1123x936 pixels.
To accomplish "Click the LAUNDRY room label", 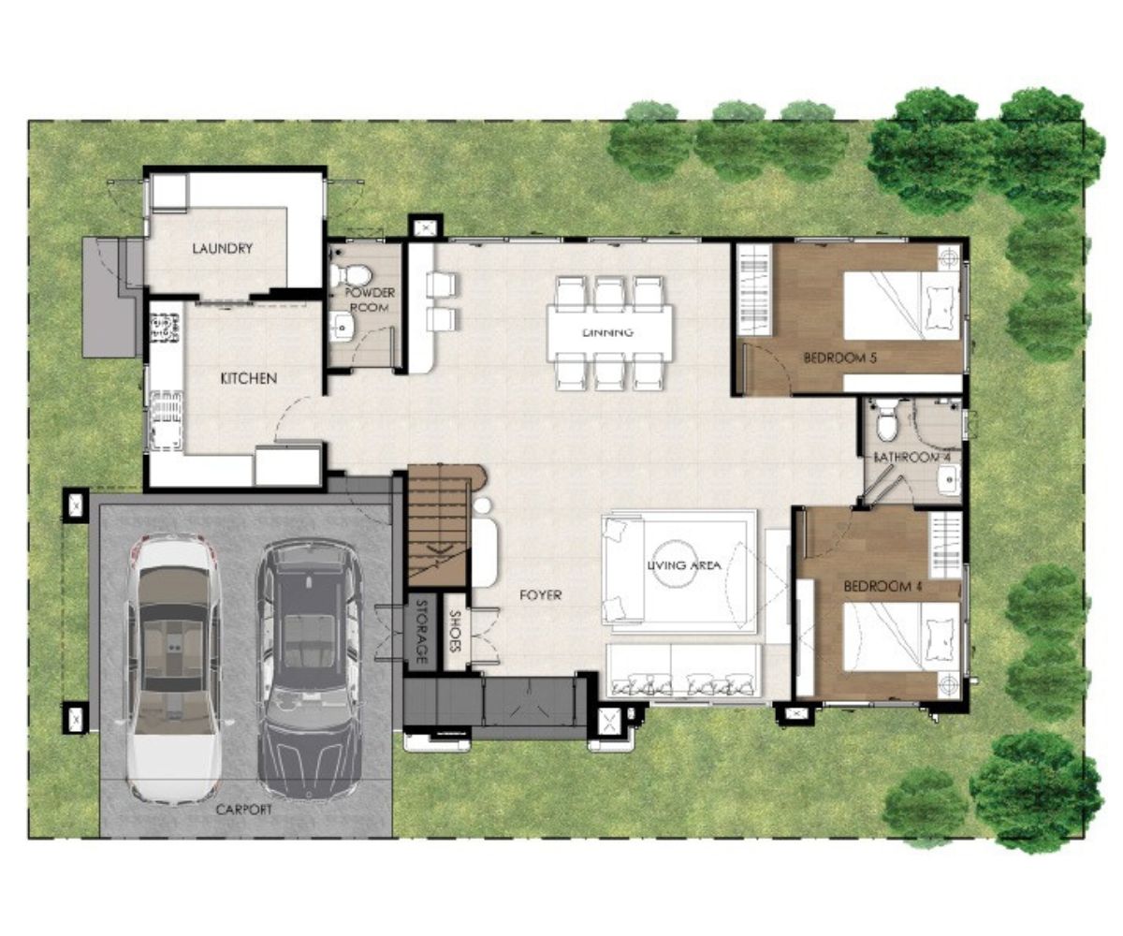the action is coord(223,249).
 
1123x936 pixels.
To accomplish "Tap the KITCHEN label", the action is coord(249,379).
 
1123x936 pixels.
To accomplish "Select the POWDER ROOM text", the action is coord(370,300).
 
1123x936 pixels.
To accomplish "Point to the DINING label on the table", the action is coord(608,332).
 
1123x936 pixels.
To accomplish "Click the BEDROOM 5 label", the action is coord(840,358).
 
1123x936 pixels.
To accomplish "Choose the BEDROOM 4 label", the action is coord(883,586).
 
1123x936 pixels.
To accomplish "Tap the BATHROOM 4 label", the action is coord(912,458).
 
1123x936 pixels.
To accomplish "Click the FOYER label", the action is coord(541,595).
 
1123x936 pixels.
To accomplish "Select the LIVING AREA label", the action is coord(684,564).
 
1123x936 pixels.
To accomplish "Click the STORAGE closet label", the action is coord(422,632).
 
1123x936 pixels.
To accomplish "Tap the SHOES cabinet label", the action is coord(455,631).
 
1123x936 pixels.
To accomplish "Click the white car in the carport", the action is coord(173,668).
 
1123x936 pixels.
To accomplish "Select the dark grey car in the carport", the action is coord(309,669).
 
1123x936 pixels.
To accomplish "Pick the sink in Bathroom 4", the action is coord(948,480).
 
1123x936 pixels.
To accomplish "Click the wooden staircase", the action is coord(438,526).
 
